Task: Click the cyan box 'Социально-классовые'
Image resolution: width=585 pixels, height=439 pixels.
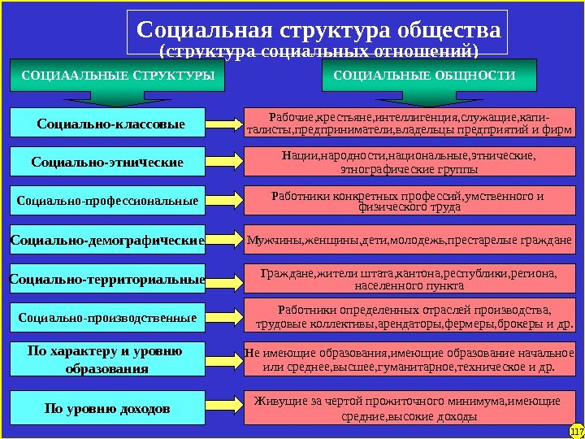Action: coord(110,124)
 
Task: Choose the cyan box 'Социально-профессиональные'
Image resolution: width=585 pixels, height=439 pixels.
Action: coord(107,199)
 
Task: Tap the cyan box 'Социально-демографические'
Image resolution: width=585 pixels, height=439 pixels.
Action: coord(107,240)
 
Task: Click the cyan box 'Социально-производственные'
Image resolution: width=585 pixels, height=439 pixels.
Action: coord(107,317)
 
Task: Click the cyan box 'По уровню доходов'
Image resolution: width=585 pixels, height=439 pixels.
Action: coord(107,406)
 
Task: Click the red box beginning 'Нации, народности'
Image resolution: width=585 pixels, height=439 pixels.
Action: coord(409,162)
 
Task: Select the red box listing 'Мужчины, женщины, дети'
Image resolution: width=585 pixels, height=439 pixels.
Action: coord(409,240)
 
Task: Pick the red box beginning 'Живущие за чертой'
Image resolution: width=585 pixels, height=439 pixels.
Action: coord(409,408)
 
